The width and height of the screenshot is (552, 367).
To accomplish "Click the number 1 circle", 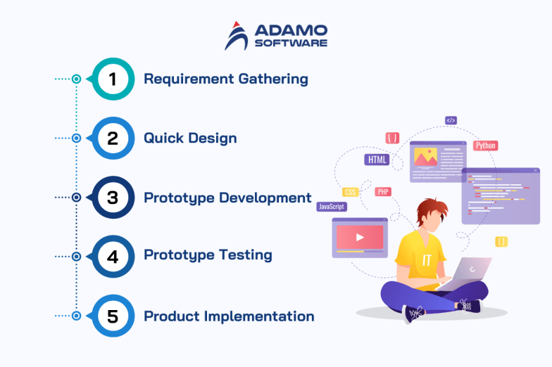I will [x=113, y=79].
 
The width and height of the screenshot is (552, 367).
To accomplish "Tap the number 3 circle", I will [x=113, y=198].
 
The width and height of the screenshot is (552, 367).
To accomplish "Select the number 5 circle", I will [x=113, y=316].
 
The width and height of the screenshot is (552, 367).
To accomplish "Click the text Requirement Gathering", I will [x=226, y=79].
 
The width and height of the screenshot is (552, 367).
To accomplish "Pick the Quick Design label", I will [x=190, y=138].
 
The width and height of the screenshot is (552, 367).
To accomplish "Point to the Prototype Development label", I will [x=227, y=198].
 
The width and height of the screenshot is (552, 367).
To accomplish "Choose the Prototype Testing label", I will [x=208, y=255].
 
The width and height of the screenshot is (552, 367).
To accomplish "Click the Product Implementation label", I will [x=229, y=316].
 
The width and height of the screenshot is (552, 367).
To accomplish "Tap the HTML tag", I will [x=377, y=160].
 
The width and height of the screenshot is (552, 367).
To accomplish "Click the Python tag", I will [x=485, y=146].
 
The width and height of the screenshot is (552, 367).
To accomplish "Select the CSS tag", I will [x=350, y=192].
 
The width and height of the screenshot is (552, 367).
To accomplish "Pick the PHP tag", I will [x=383, y=192].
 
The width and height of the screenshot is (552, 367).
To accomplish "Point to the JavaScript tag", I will [x=332, y=207].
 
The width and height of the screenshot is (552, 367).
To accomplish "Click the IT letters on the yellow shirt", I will [x=427, y=259].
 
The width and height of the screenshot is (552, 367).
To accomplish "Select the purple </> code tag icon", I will [x=451, y=120].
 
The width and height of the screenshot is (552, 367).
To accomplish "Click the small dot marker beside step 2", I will [x=76, y=138].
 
